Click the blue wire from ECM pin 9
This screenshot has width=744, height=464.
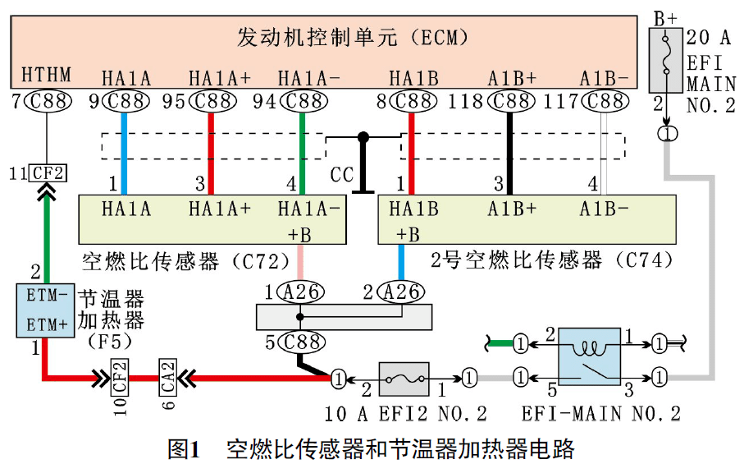point(123,152)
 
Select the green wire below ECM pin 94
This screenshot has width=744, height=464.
point(304,152)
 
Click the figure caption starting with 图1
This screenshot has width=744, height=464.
point(371,448)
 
